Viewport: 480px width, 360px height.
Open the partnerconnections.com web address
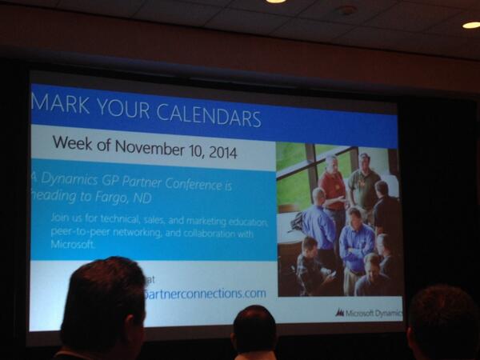(204, 294)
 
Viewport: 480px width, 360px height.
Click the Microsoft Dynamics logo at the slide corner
(367, 313)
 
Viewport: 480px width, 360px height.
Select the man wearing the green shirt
(365, 182)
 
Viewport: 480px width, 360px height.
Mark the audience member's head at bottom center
(255, 332)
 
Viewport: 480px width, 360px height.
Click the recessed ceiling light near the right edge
(471, 25)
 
